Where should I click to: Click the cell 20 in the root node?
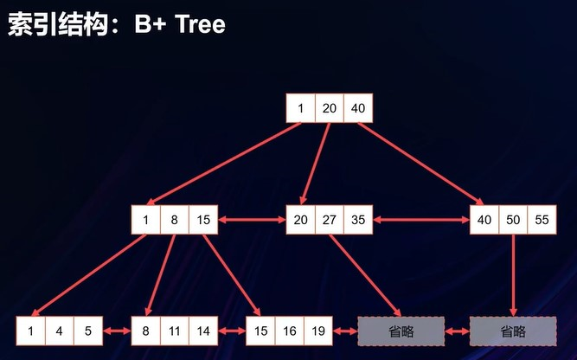click(x=329, y=108)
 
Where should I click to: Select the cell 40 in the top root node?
click(x=357, y=108)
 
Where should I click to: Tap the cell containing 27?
click(x=329, y=220)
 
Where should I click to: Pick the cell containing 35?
click(x=357, y=220)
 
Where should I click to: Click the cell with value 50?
click(x=513, y=220)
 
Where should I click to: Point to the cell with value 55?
click(x=542, y=220)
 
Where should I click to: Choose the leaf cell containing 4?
click(x=60, y=331)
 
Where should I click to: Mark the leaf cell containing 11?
click(x=174, y=331)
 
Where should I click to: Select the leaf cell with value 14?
click(x=202, y=331)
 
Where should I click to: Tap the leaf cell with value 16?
click(x=289, y=331)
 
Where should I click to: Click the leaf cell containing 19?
click(x=317, y=331)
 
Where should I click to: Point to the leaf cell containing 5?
click(x=88, y=331)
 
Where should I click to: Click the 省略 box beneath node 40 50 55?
click(x=513, y=331)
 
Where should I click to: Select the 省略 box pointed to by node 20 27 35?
click(x=401, y=331)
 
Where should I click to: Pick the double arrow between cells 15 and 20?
click(x=252, y=220)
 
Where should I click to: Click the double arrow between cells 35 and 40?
click(x=421, y=220)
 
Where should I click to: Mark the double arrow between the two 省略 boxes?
click(x=457, y=331)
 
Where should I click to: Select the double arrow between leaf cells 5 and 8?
click(x=117, y=331)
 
